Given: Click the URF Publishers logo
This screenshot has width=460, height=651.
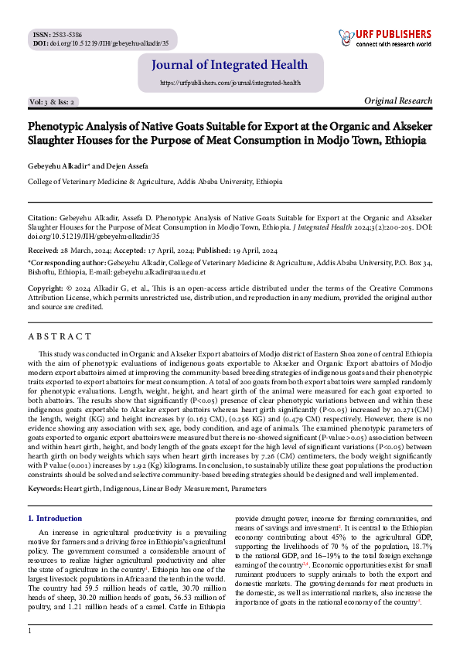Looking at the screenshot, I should pos(386,39).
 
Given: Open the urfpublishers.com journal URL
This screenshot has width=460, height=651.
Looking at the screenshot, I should pos(230,82).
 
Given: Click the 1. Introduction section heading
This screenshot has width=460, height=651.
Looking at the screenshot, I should pos(55,519).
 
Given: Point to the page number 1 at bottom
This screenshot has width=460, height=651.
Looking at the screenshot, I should pos(30,632).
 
